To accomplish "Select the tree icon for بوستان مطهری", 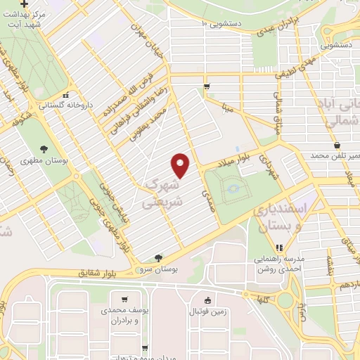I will pos(44,148).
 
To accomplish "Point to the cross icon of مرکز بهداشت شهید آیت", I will pos(25,4).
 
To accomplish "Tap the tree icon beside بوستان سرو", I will pos(159,258).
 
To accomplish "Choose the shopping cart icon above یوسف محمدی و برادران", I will pos(124,298).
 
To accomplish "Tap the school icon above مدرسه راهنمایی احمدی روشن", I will pos(279,247).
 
